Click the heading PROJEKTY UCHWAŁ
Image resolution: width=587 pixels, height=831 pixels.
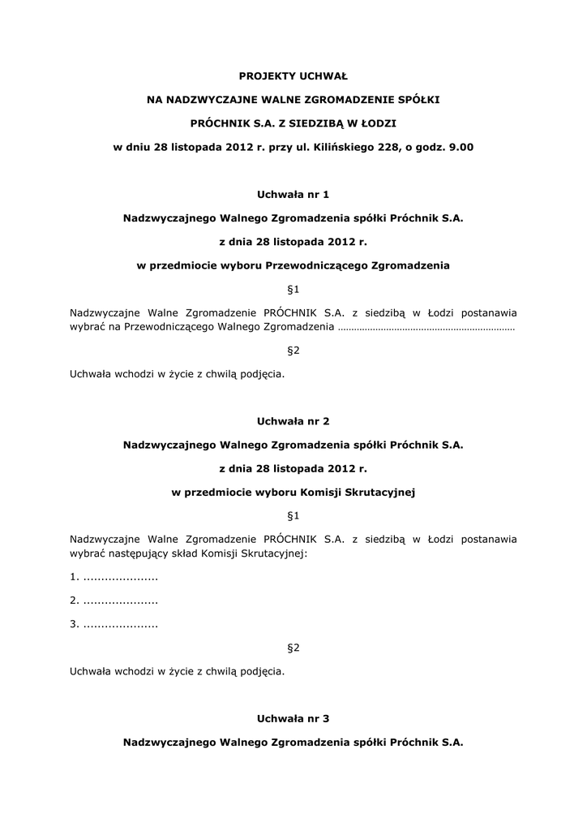coord(293,76)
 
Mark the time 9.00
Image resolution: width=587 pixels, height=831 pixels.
coord(458,147)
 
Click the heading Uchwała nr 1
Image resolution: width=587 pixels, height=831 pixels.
coord(293,194)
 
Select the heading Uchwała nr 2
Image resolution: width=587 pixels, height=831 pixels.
coord(293,421)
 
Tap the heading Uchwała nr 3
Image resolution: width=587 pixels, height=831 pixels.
coord(293,718)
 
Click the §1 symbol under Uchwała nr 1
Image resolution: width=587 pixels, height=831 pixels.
coord(293,289)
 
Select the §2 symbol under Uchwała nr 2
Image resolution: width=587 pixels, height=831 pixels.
coord(293,648)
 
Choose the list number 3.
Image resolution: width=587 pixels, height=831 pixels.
coord(74,624)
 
